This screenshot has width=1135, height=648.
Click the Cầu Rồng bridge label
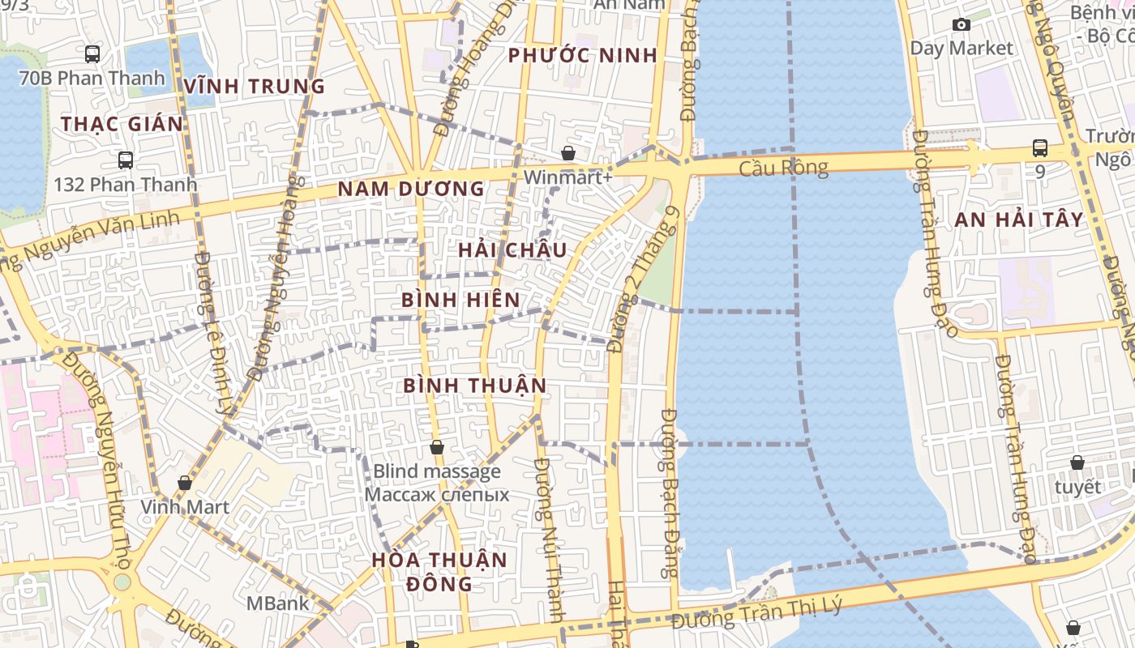(x=783, y=168)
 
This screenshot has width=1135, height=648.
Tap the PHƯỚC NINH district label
(x=582, y=56)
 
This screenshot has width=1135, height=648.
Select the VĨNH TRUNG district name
(x=254, y=86)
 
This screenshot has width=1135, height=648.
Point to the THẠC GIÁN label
(x=122, y=124)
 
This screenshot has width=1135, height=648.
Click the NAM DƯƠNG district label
(x=411, y=189)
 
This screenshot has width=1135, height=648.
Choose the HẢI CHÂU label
(x=512, y=250)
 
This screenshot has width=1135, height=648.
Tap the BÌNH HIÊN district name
(x=460, y=300)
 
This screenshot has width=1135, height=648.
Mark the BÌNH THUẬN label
(x=475, y=386)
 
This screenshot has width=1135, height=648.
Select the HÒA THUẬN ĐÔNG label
(x=439, y=571)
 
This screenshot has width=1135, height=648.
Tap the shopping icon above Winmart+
(x=568, y=153)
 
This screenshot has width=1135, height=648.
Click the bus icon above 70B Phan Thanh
(x=92, y=54)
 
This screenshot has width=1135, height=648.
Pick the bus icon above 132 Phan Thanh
(x=126, y=160)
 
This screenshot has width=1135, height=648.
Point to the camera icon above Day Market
(x=962, y=25)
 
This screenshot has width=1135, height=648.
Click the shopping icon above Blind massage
(x=437, y=447)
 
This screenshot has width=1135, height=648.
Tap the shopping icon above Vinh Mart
(x=185, y=483)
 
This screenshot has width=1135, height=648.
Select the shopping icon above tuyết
(x=1077, y=463)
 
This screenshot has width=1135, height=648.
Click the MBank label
(x=278, y=603)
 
